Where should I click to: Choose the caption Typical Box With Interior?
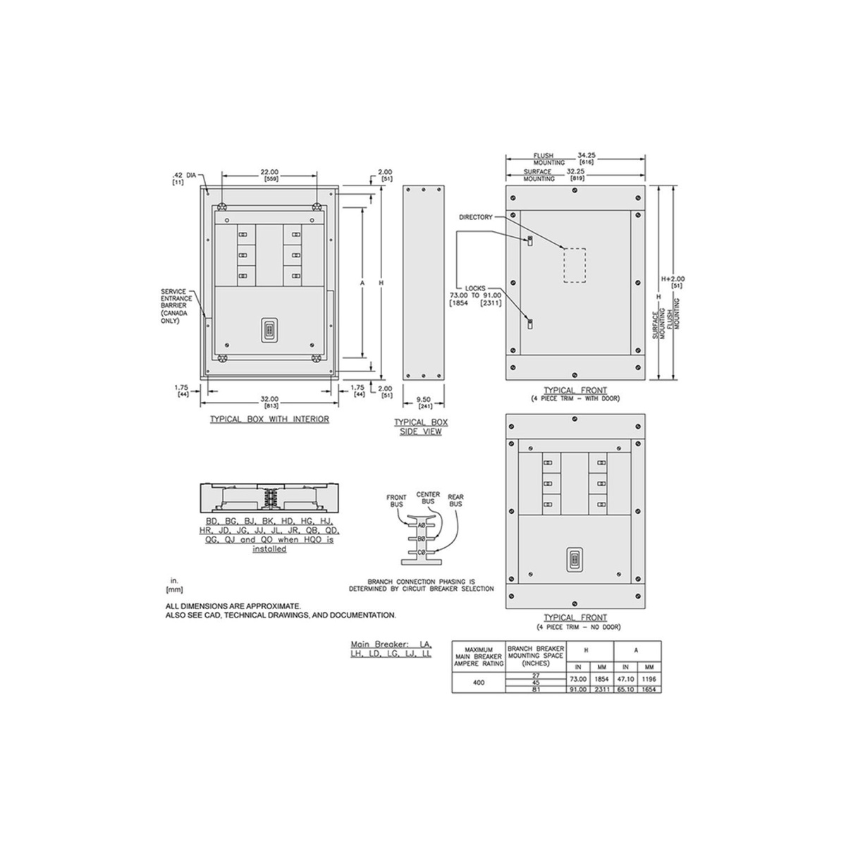tap(269, 419)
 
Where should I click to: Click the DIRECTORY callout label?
tap(475, 217)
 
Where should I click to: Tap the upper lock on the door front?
tap(529, 241)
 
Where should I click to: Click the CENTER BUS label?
tap(429, 498)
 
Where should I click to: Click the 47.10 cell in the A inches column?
tap(625, 678)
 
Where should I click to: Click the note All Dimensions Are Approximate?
tap(233, 606)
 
